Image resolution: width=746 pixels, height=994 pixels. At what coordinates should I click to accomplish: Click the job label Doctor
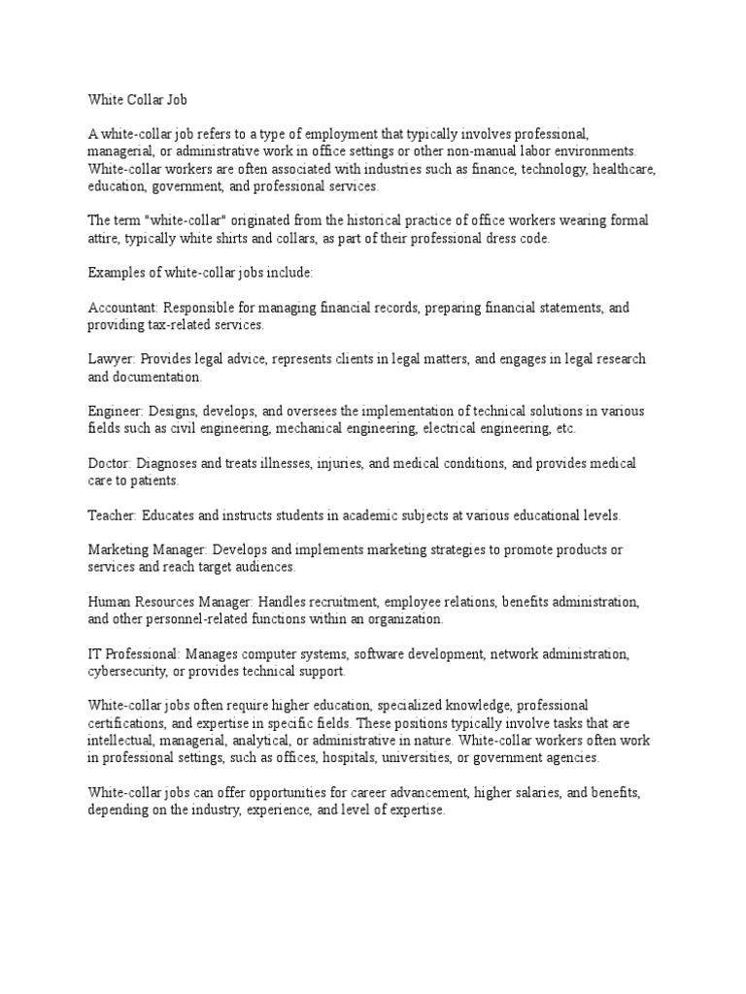point(108,464)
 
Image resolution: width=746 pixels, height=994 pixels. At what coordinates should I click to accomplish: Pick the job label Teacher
point(111,514)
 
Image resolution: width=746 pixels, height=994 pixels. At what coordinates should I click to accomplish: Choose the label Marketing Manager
point(148,549)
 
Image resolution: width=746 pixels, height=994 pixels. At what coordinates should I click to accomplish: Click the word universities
point(431,757)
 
